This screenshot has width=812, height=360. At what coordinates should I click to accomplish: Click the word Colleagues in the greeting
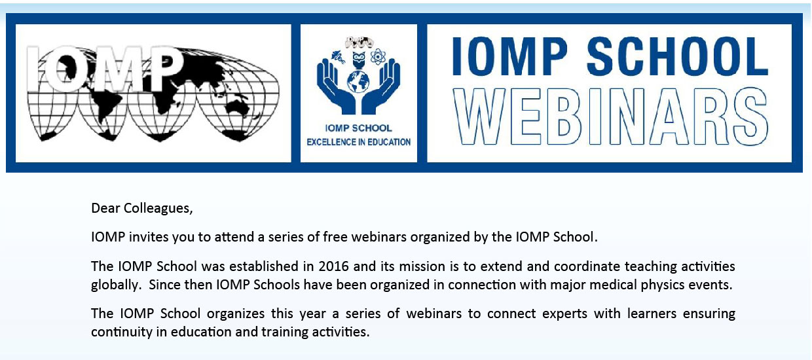tap(158, 209)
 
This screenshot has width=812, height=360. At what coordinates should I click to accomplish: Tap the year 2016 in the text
tap(333, 266)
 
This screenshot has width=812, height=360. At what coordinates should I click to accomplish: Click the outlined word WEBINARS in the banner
tap(611, 117)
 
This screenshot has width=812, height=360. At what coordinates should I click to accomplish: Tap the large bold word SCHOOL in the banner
tap(677, 56)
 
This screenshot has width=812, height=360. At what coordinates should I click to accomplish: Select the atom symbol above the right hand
tap(378, 56)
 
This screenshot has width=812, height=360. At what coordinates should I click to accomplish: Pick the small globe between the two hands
tap(358, 82)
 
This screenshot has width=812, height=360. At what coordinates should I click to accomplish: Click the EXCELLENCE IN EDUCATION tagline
tap(358, 142)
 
